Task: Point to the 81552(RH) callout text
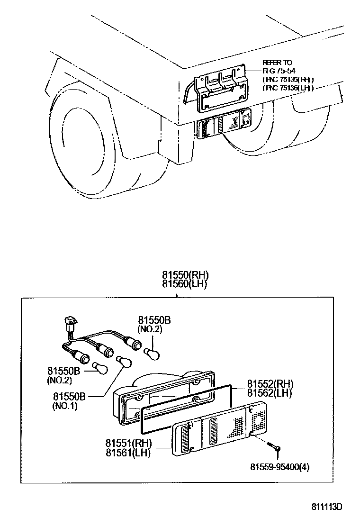click(270, 384)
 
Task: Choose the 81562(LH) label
click(270, 393)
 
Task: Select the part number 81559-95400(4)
click(280, 467)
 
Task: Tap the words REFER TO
click(277, 63)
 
